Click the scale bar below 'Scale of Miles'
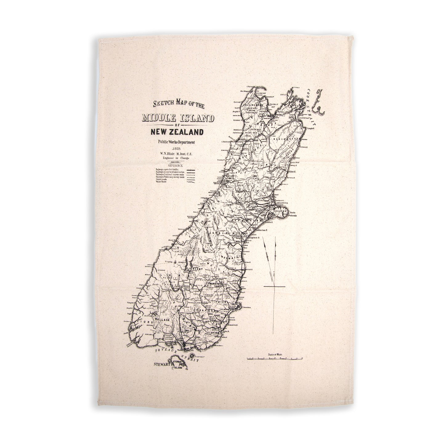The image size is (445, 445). coord(275,359)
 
